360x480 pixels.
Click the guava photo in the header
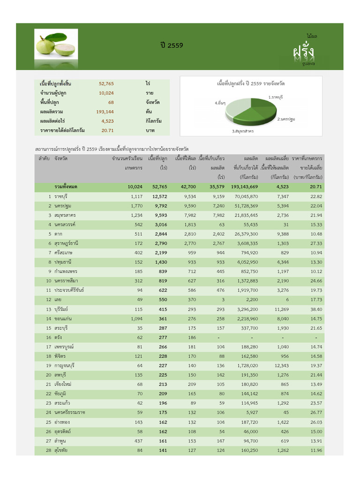tap(57, 45)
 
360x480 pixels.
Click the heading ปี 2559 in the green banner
tap(172, 45)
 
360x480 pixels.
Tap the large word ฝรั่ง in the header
tap(304, 51)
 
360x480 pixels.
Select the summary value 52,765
tap(106, 83)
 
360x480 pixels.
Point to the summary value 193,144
tap(105, 112)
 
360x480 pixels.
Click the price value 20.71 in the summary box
tap(107, 130)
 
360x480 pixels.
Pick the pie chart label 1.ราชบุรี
tap(275, 97)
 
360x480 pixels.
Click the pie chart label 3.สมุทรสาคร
tap(243, 131)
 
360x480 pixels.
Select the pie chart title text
tap(251, 83)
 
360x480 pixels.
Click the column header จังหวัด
tap(61, 159)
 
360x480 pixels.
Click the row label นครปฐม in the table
tap(63, 206)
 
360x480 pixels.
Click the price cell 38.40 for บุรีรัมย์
tap(316, 309)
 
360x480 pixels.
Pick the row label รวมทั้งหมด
tap(66, 187)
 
